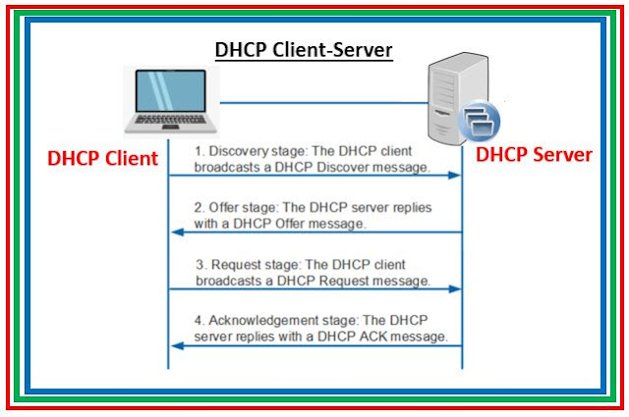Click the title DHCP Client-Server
coord(304,51)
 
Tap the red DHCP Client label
coord(102,158)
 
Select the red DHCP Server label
coord(534,155)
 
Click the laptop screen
coord(171,91)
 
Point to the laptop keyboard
coord(170,120)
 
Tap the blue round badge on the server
coord(480,121)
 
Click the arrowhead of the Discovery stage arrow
coord(454,175)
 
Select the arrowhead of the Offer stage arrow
coord(178,232)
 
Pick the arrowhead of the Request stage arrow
coord(454,288)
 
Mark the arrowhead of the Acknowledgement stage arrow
coord(178,345)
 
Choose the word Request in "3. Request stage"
coord(236,265)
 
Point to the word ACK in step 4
coord(373,337)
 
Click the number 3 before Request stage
coord(200,265)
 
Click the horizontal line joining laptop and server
coord(324,103)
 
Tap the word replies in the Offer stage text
coord(412,208)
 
